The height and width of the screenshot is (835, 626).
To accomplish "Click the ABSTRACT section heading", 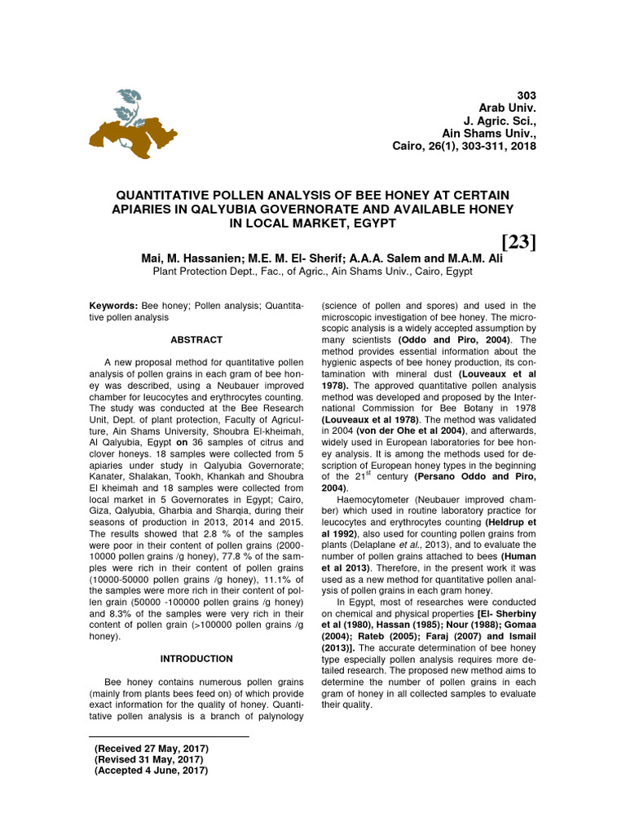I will (x=196, y=339).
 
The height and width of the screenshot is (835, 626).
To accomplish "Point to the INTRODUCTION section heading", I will (x=196, y=658).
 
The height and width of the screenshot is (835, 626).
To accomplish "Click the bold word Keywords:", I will (x=113, y=304).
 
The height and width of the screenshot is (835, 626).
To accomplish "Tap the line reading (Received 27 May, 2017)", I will (x=152, y=749).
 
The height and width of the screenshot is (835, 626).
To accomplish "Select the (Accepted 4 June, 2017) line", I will (x=152, y=770).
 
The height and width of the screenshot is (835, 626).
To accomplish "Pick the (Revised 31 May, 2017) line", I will (x=149, y=759).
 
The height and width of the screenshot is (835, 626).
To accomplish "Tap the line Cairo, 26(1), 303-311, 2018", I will (x=464, y=146).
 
